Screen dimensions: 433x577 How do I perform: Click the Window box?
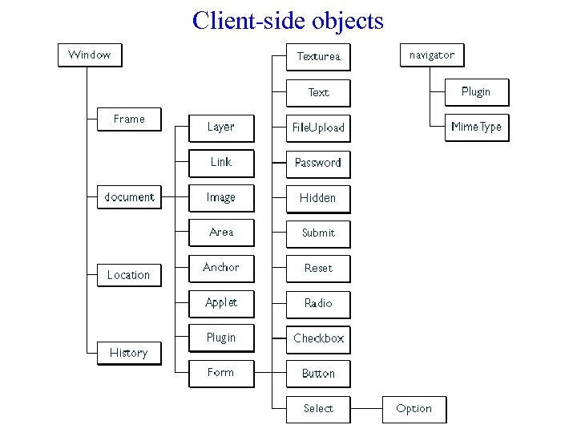[90, 55]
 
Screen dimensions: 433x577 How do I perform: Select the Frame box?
[129, 119]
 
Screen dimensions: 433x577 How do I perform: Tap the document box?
[129, 197]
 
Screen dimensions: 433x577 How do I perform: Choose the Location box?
[129, 275]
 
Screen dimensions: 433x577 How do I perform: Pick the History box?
[129, 353]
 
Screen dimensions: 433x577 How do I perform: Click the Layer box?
[221, 127]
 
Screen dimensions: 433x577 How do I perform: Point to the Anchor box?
[221, 268]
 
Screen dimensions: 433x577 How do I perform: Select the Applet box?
[221, 303]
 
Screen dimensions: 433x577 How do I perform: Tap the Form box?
[221, 373]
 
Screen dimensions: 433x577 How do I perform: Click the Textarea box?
[318, 57]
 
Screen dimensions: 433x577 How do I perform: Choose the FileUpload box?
[318, 127]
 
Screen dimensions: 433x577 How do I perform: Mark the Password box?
[318, 163]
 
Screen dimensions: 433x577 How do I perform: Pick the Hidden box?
[318, 198]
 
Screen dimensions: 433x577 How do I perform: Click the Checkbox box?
[318, 338]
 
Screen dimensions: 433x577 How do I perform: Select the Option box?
[414, 409]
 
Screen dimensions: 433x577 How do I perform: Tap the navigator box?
[432, 55]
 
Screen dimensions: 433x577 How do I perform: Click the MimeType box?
[477, 127]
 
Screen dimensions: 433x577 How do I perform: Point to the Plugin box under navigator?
[477, 92]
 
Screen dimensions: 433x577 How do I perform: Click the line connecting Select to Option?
[367, 409]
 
